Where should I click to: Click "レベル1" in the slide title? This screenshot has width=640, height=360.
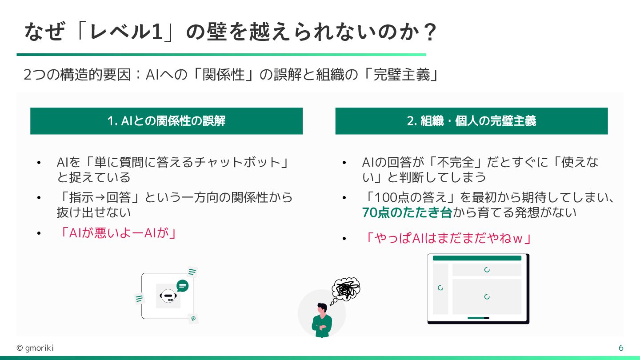click(124, 32)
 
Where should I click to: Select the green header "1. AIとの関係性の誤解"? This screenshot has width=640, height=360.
click(166, 121)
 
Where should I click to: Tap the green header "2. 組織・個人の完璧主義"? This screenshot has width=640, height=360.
click(471, 121)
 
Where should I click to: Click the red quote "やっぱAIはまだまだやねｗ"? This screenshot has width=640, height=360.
click(448, 239)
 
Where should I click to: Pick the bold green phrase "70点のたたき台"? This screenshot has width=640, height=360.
click(407, 213)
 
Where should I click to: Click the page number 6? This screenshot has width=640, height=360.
click(621, 348)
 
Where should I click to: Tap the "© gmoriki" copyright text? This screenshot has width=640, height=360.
click(35, 348)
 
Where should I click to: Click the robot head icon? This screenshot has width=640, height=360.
click(168, 296)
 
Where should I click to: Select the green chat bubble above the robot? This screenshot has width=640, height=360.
click(182, 286)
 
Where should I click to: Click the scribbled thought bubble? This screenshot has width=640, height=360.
click(346, 289)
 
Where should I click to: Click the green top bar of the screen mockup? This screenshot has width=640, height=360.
click(477, 258)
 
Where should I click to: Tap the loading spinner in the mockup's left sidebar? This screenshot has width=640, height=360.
click(440, 288)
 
